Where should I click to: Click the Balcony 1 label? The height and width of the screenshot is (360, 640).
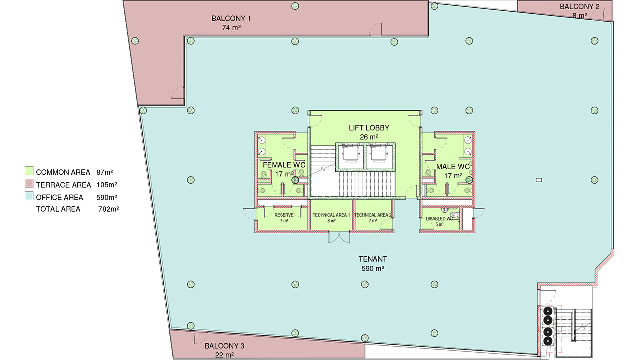tap(231, 19)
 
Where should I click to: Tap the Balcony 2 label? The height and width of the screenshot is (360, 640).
tap(579, 7)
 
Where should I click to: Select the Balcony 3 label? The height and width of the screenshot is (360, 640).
tap(224, 346)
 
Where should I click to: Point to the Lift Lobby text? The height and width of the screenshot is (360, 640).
tap(369, 128)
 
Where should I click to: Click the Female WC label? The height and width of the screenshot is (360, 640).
tap(284, 165)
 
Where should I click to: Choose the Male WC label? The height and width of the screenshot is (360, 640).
tap(453, 167)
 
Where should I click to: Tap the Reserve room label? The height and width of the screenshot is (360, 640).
tap(284, 215)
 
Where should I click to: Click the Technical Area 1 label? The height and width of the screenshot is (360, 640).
tap(331, 215)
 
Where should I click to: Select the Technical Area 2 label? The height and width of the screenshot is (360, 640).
tap(373, 215)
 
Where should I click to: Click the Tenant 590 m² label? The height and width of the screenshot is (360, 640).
tap(373, 264)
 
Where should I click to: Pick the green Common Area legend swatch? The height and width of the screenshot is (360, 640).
tap(29, 171)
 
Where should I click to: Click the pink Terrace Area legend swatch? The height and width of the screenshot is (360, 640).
tap(29, 183)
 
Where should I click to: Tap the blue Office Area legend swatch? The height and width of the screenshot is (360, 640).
tap(29, 196)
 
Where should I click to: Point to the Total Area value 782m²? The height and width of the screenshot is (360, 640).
tap(109, 209)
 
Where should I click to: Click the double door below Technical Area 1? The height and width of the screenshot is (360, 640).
tap(339, 237)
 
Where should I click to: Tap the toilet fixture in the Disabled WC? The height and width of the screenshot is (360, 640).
tap(454, 215)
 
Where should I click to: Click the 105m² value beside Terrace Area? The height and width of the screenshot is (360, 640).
tap(107, 185)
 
